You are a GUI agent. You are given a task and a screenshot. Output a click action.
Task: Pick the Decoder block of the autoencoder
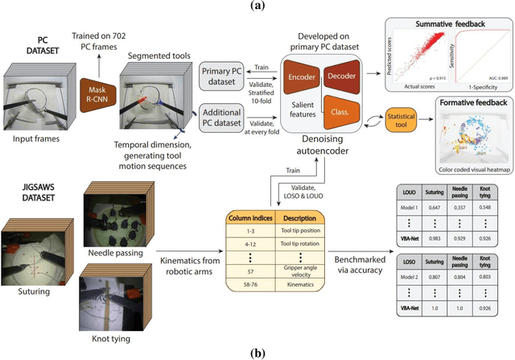[x=344, y=75]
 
